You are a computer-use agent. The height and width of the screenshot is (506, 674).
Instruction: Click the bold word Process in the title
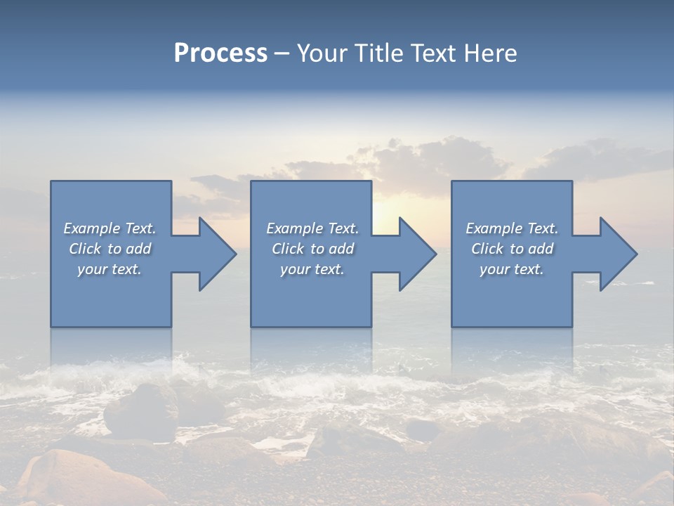(220, 53)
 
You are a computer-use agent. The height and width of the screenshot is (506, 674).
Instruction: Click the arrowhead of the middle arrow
(421, 254)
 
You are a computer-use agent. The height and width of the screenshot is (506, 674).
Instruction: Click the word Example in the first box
(91, 228)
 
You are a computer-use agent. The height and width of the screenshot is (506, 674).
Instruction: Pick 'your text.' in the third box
(511, 269)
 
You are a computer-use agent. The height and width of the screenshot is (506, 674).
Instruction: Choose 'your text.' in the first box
(110, 269)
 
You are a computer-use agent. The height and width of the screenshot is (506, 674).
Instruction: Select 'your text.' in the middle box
(312, 269)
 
